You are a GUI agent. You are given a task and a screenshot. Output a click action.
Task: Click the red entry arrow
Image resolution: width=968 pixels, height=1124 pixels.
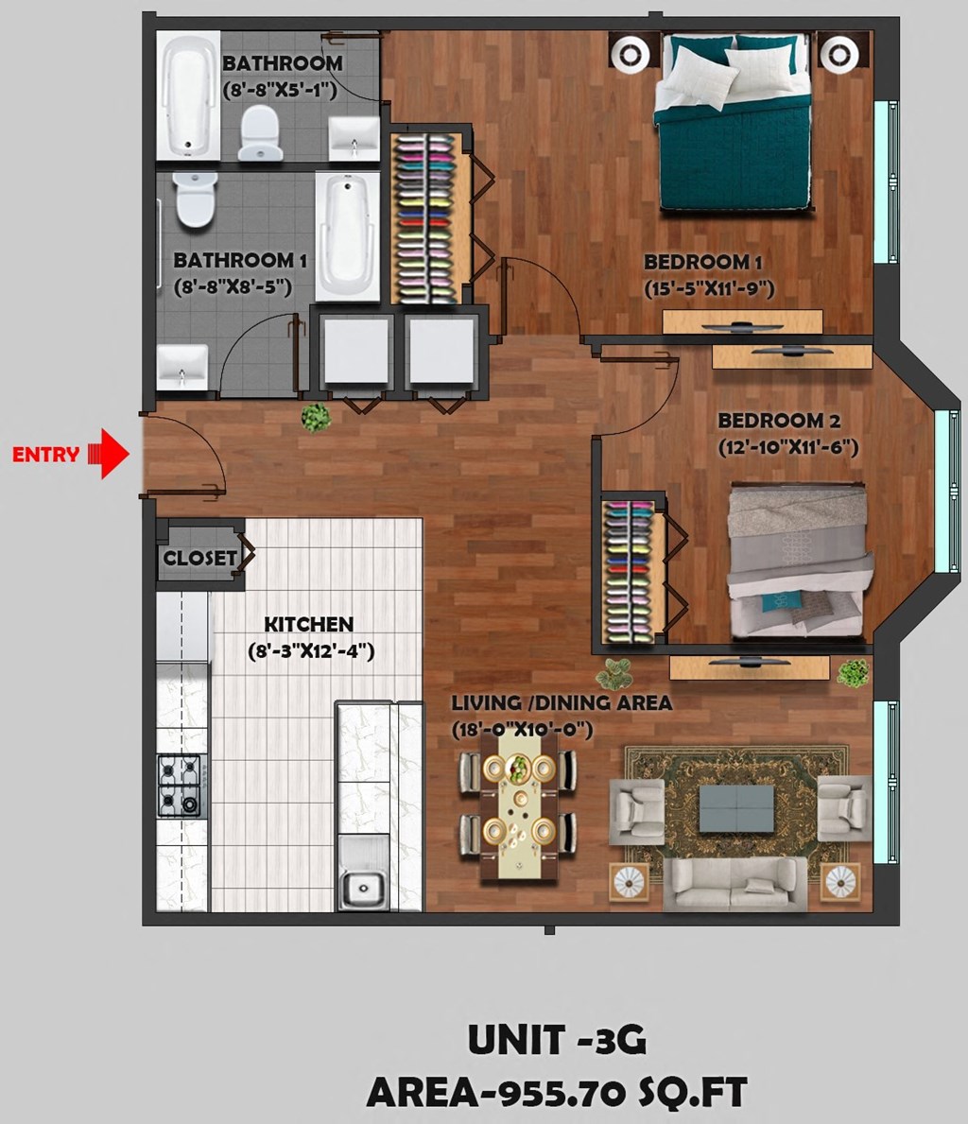point(110,455)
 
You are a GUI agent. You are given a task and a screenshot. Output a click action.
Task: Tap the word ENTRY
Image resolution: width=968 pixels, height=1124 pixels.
point(45,455)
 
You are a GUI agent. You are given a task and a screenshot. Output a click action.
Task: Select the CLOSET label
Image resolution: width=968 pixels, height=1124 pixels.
point(199,559)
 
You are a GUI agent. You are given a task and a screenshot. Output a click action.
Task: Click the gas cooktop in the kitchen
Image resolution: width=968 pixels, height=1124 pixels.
point(181,785)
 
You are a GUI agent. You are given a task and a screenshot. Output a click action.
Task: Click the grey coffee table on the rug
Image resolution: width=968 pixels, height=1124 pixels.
point(735,809)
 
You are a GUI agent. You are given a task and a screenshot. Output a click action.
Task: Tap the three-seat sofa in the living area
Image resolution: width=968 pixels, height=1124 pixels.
point(735,883)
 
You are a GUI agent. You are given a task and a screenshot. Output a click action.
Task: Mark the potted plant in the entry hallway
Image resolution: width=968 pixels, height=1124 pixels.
point(316,417)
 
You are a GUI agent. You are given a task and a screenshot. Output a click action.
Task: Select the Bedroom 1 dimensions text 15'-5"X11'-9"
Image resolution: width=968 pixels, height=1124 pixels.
point(709,289)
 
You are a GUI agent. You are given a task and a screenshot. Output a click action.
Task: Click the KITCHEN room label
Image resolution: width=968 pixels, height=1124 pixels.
point(308,625)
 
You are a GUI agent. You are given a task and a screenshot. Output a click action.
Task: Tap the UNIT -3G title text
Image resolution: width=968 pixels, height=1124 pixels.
point(557,1040)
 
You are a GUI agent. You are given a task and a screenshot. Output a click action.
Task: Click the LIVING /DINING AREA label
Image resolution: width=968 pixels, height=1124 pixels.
point(561,703)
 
